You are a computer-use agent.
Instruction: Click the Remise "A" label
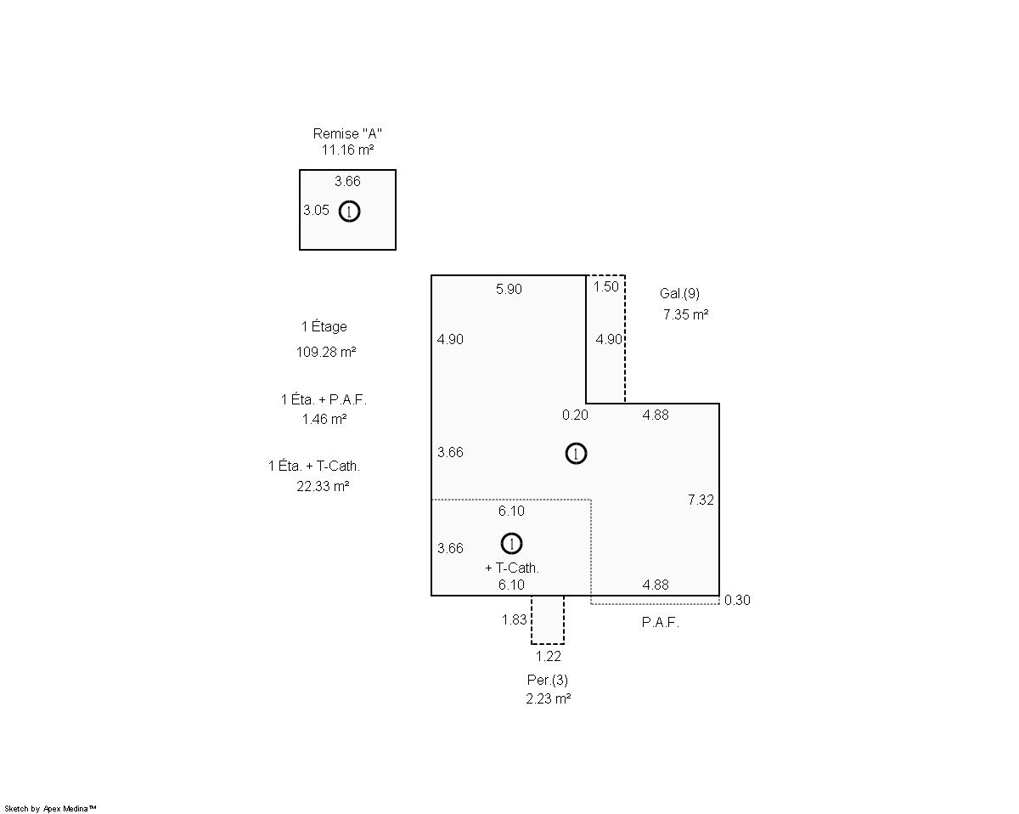click(x=347, y=133)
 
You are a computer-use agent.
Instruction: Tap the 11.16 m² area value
click(x=347, y=150)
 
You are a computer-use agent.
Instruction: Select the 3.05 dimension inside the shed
click(x=316, y=210)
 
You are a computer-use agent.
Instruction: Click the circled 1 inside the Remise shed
click(x=350, y=211)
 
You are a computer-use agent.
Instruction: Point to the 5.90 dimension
click(x=509, y=289)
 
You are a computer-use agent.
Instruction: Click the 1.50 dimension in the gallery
click(x=606, y=286)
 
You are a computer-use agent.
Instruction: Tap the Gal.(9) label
click(x=679, y=294)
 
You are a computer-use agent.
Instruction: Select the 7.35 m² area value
click(x=685, y=314)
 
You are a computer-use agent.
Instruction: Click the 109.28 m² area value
click(x=326, y=352)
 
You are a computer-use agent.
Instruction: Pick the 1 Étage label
click(x=324, y=326)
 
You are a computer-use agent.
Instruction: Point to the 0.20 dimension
click(x=575, y=415)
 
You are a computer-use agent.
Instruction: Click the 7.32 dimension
click(x=701, y=500)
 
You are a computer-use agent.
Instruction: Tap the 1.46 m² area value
click(x=324, y=419)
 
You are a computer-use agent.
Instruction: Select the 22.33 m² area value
click(x=323, y=486)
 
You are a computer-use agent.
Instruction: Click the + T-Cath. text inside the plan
click(x=512, y=568)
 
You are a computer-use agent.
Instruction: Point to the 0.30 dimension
click(x=737, y=601)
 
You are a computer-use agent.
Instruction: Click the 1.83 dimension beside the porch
click(x=514, y=619)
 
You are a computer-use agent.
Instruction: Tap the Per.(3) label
click(x=548, y=681)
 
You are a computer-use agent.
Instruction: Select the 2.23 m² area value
click(x=548, y=698)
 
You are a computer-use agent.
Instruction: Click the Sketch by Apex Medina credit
click(x=50, y=808)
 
